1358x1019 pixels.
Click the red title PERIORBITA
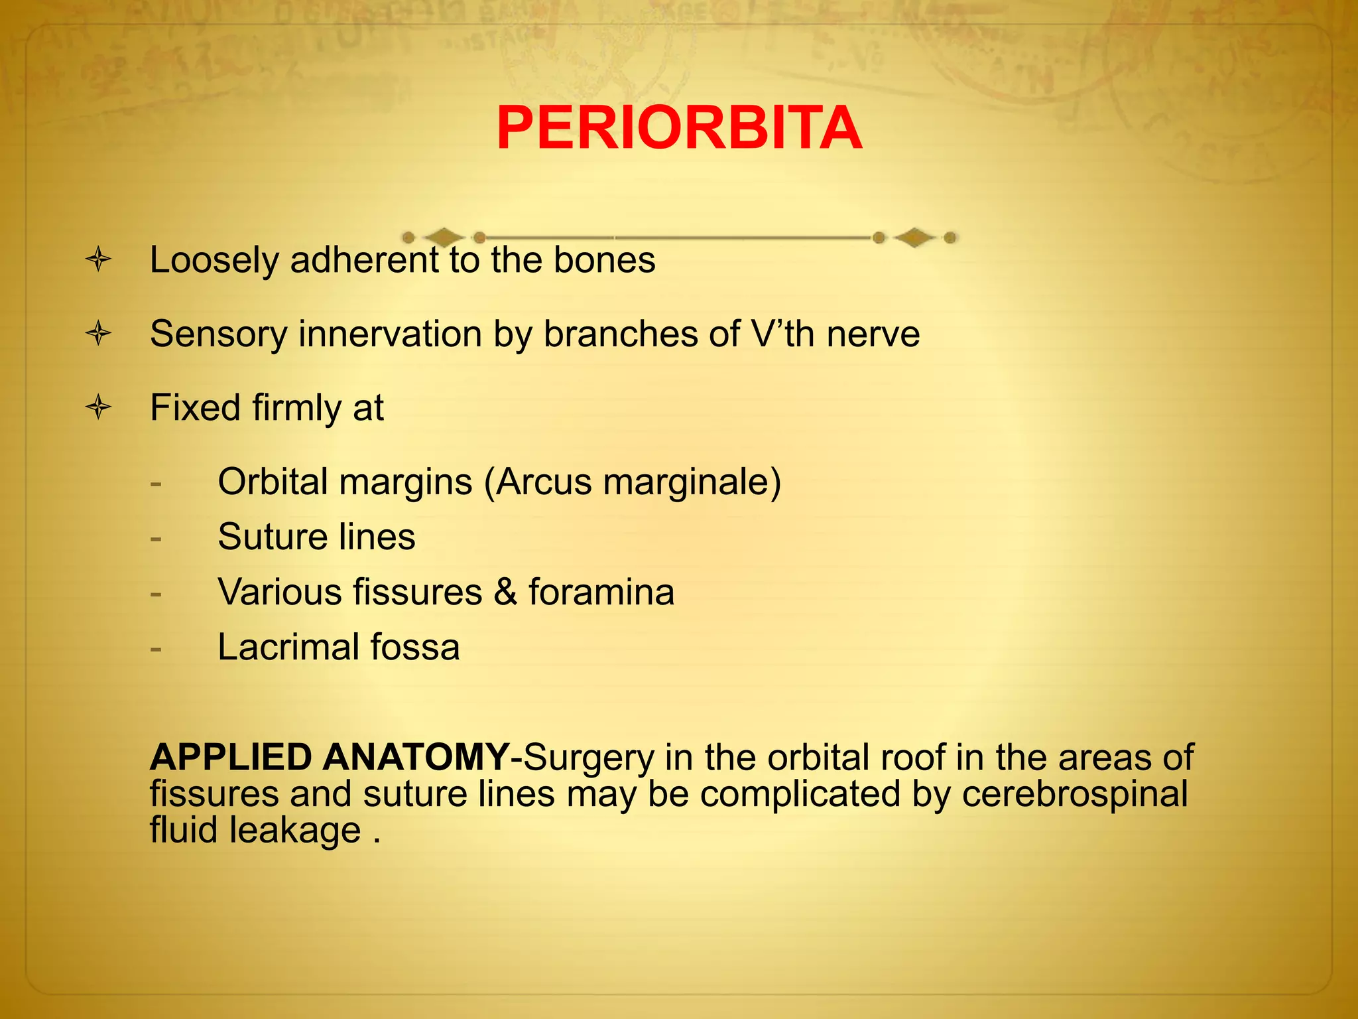pos(679,129)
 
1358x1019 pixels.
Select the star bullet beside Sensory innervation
pos(98,333)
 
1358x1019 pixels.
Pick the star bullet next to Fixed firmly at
pos(98,407)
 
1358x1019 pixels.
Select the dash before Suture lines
pos(156,538)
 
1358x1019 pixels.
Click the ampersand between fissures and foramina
pos(505,592)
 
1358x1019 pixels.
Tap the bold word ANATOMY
pos(416,757)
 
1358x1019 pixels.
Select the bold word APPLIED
pos(231,757)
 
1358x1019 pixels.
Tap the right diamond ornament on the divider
pos(914,238)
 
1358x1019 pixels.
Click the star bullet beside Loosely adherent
pos(98,259)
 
